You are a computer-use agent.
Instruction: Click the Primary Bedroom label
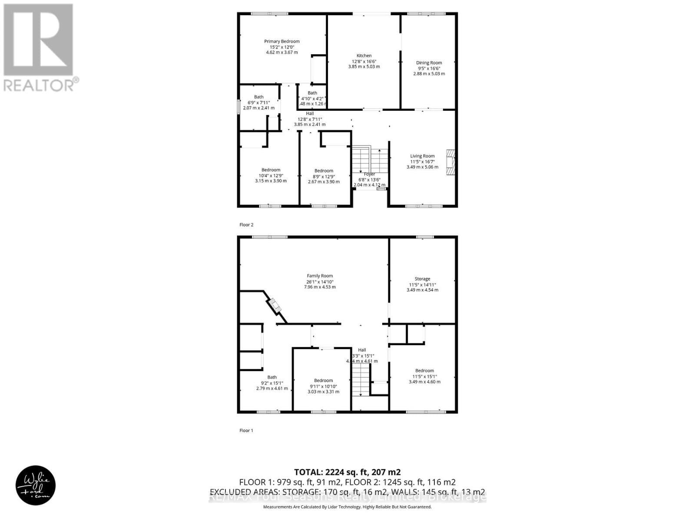point(282,42)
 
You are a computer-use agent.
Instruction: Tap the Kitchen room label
point(364,56)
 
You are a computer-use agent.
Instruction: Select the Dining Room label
point(429,63)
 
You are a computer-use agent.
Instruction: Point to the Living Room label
point(422,156)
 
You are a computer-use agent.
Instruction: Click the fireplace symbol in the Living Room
point(450,163)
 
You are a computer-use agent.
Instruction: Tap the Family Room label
point(320,276)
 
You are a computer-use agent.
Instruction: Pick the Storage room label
point(422,279)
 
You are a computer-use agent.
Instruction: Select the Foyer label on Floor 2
point(369,174)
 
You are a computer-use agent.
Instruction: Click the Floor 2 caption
point(246,225)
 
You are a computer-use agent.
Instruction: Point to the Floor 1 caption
point(246,431)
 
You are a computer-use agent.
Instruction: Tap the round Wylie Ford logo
point(36,485)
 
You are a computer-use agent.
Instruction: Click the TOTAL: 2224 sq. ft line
point(347,472)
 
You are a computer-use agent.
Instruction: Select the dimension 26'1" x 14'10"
point(320,281)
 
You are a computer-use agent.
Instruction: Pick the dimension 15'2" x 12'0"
point(282,47)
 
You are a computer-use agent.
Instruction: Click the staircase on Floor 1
point(361,380)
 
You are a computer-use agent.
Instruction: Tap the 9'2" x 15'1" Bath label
point(272,377)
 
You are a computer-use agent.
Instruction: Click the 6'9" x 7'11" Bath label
point(259,97)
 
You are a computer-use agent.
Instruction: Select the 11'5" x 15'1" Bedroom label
point(424,371)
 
